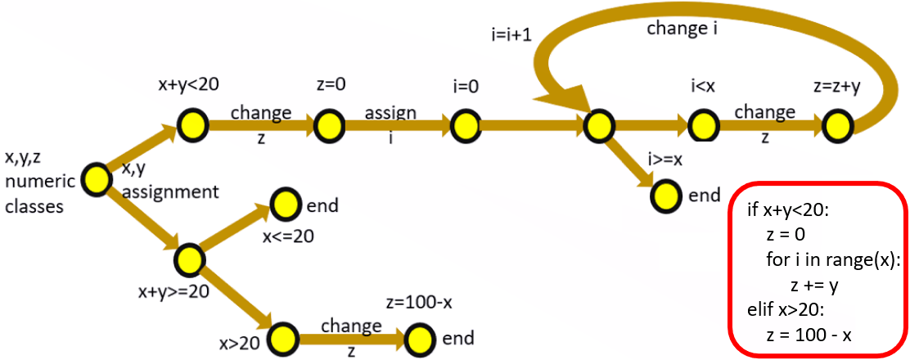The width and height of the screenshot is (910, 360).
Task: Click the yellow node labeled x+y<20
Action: coord(193,124)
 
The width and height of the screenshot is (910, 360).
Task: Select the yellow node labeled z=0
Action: coord(329,124)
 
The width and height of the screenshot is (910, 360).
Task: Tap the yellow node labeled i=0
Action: coord(465,124)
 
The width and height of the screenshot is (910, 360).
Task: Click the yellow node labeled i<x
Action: coord(703,124)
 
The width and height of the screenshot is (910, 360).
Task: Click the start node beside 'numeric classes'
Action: coord(96,179)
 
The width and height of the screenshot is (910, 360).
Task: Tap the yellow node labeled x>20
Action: coord(282,339)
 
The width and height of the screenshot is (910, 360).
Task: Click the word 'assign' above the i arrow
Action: coord(390,113)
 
